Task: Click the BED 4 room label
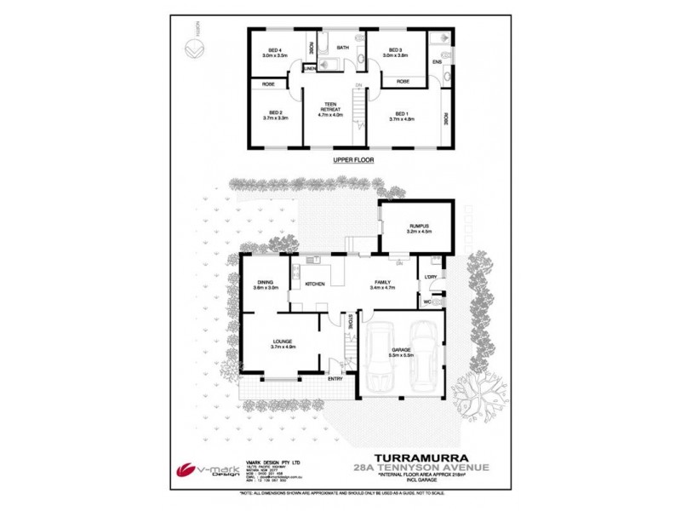click(x=275, y=50)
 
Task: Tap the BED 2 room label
click(x=275, y=112)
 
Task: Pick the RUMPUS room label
click(x=419, y=226)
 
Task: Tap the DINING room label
click(x=266, y=283)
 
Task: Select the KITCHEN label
click(x=314, y=284)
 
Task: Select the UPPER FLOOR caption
click(x=353, y=159)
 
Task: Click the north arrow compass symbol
click(x=194, y=50)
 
